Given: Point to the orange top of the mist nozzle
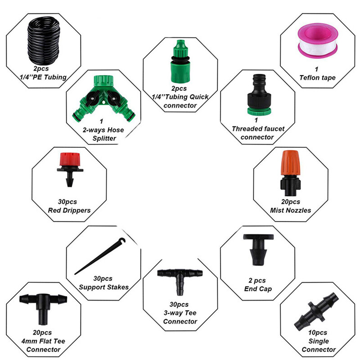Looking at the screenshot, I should coord(288,162).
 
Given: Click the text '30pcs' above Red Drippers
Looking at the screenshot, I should coord(69,201).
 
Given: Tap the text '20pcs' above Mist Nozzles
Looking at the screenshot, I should coord(291,202).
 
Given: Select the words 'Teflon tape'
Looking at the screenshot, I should coord(317,78).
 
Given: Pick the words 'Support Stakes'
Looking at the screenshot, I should coord(103,287).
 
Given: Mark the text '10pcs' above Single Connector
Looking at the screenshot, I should coord(319,333).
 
